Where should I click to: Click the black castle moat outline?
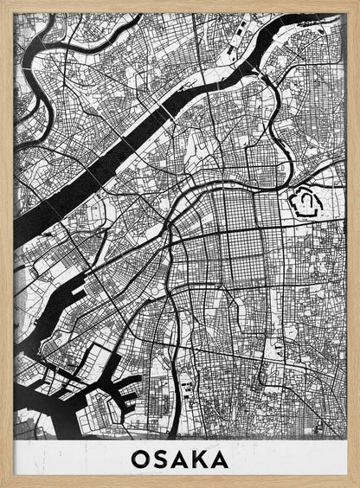click(x=295, y=204)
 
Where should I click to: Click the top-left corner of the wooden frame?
click(x=3, y=3)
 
